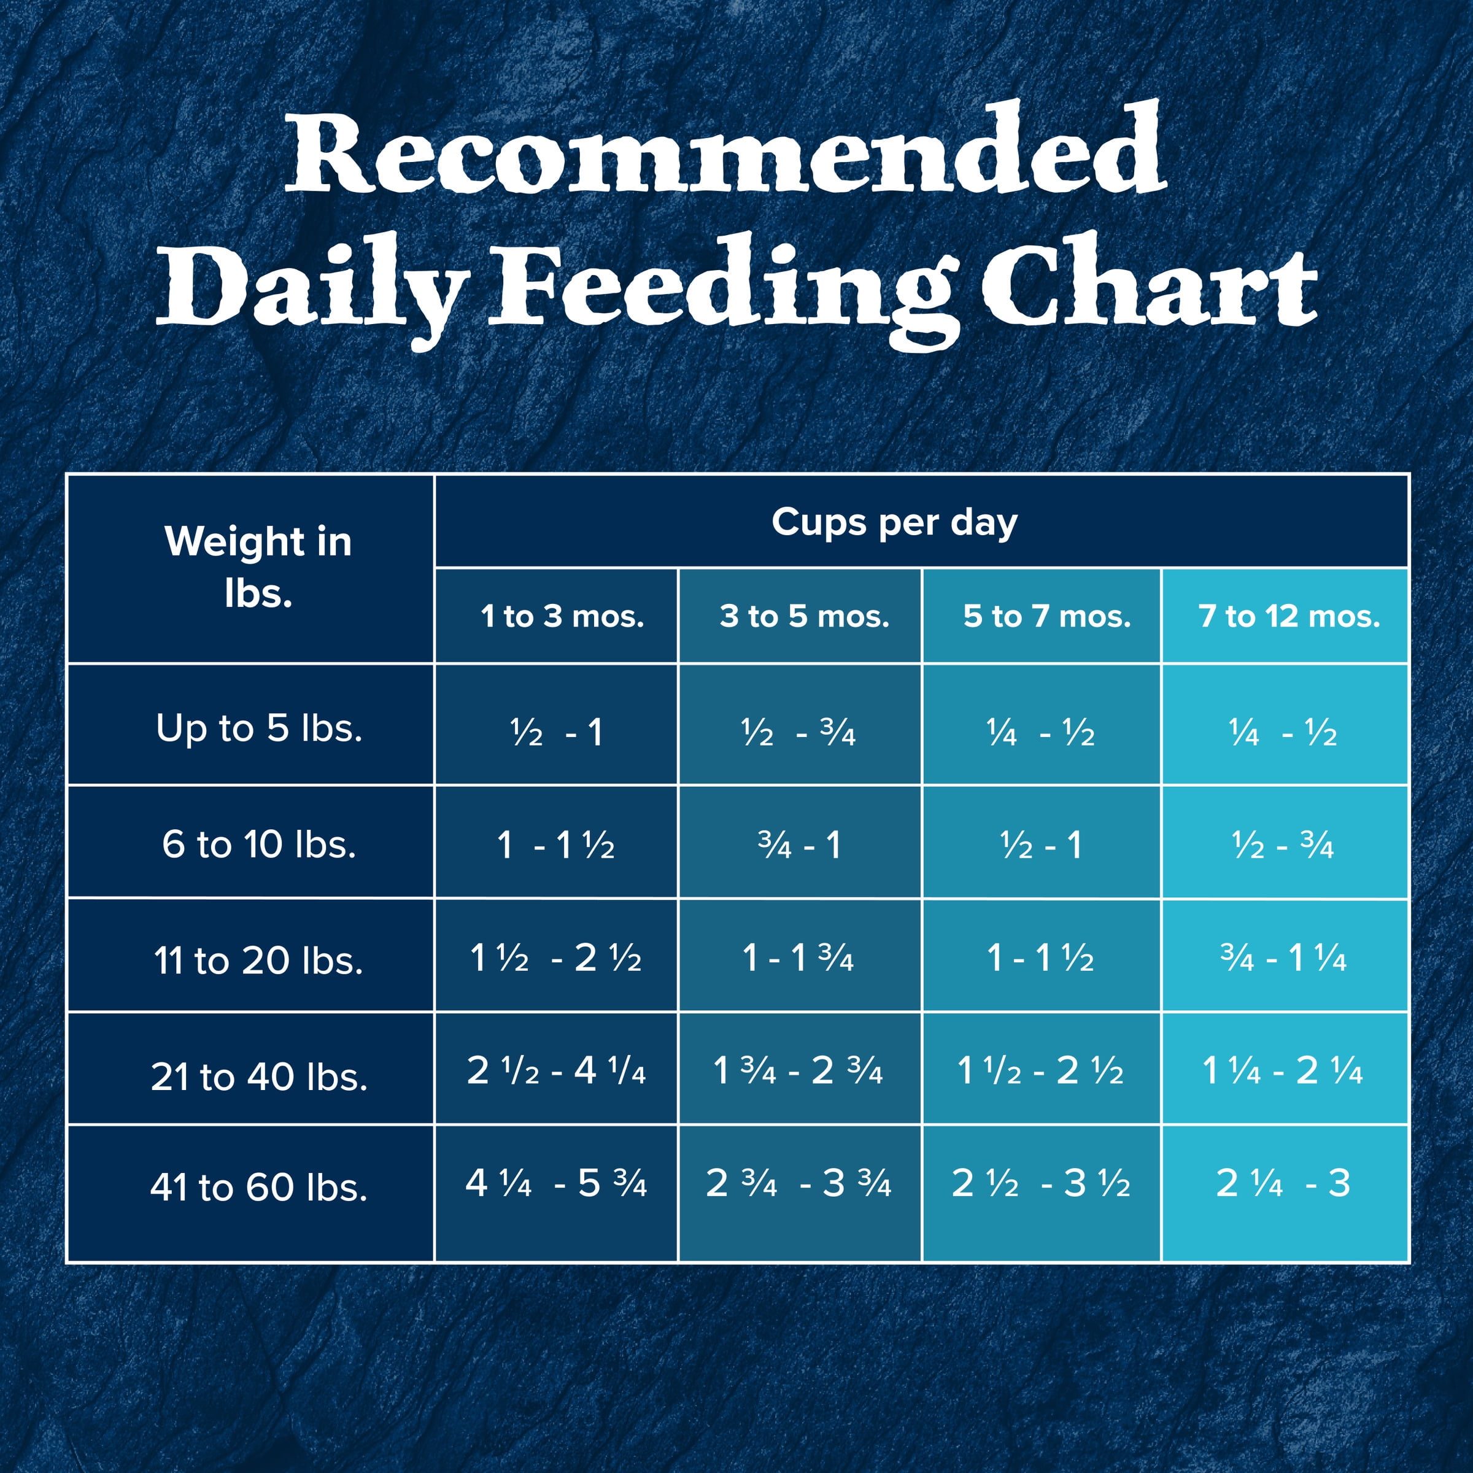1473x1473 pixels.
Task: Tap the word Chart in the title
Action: click(x=1149, y=286)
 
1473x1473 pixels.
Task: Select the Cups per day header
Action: click(x=894, y=523)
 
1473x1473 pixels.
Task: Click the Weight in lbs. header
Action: click(x=258, y=567)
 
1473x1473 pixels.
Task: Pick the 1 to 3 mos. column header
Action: click(x=562, y=616)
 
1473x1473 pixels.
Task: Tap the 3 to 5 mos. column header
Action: click(x=805, y=616)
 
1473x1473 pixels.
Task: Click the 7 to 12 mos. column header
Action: click(x=1288, y=616)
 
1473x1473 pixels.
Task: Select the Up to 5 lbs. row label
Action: click(x=258, y=728)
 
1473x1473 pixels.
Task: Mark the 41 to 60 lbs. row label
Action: click(x=258, y=1187)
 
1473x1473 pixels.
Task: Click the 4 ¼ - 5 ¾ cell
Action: click(x=556, y=1183)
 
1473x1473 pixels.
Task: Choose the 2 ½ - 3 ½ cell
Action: click(x=1041, y=1183)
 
